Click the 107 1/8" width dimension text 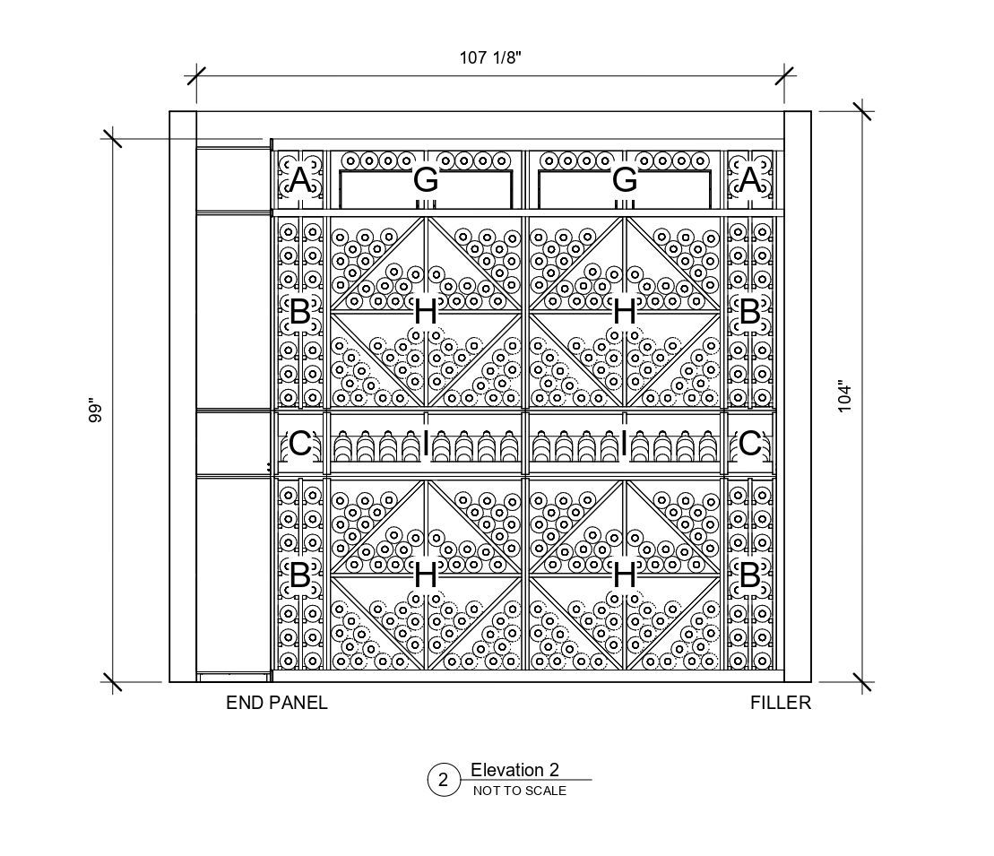(x=490, y=58)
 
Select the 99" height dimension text (x=97, y=411)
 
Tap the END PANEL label (x=277, y=704)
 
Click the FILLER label (x=780, y=704)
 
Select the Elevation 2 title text (x=514, y=770)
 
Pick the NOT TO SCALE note (x=519, y=791)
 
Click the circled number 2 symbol (x=443, y=780)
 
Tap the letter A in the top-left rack (x=300, y=181)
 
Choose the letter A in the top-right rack (x=750, y=181)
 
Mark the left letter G (x=426, y=180)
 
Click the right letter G (x=625, y=180)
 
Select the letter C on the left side (x=300, y=444)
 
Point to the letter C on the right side (x=750, y=444)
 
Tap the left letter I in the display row (x=426, y=444)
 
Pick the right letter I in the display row (x=625, y=444)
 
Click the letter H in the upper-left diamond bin (x=426, y=313)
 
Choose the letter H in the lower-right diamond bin (x=625, y=575)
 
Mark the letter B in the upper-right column (x=750, y=313)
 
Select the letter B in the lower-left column (x=300, y=575)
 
